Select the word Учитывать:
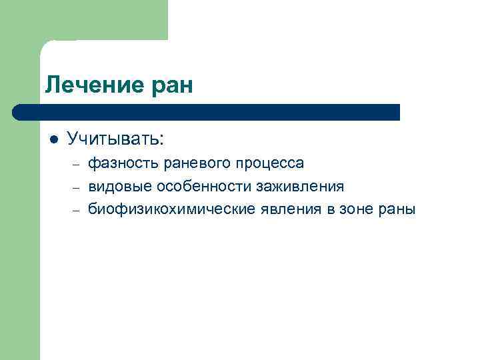click(115, 139)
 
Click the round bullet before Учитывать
click(53, 139)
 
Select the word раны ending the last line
click(399, 209)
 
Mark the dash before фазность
click(77, 164)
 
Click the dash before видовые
click(77, 187)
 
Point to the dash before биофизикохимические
click(77, 210)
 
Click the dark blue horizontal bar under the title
click(213, 112)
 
